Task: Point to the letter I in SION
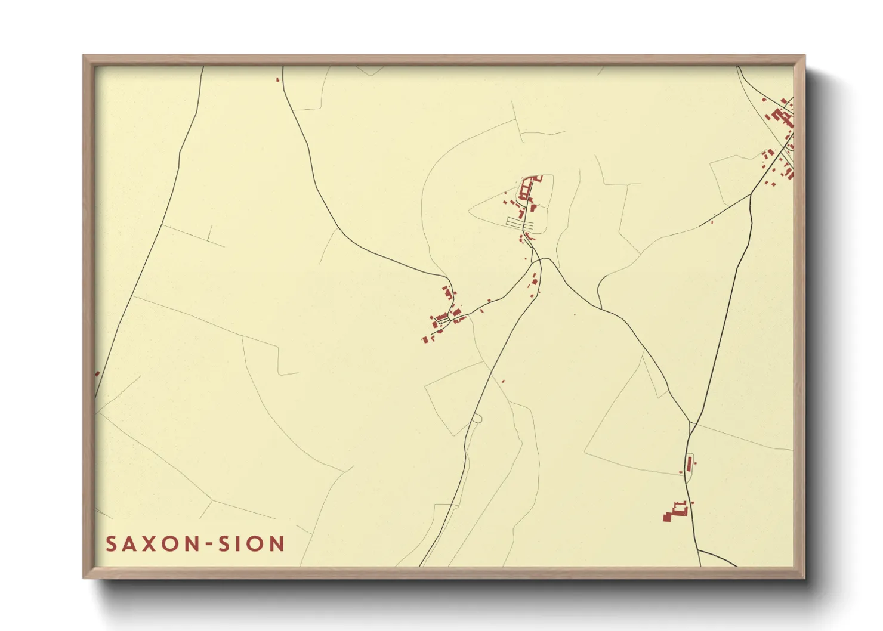pyautogui.click(x=242, y=544)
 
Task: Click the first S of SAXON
pyautogui.click(x=112, y=544)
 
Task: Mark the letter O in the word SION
pyautogui.click(x=258, y=544)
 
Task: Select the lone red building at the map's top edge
pyautogui.click(x=277, y=79)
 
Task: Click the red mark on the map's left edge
pyautogui.click(x=97, y=374)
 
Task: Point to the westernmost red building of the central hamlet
pyautogui.click(x=425, y=340)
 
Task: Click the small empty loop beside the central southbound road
pyautogui.click(x=476, y=418)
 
